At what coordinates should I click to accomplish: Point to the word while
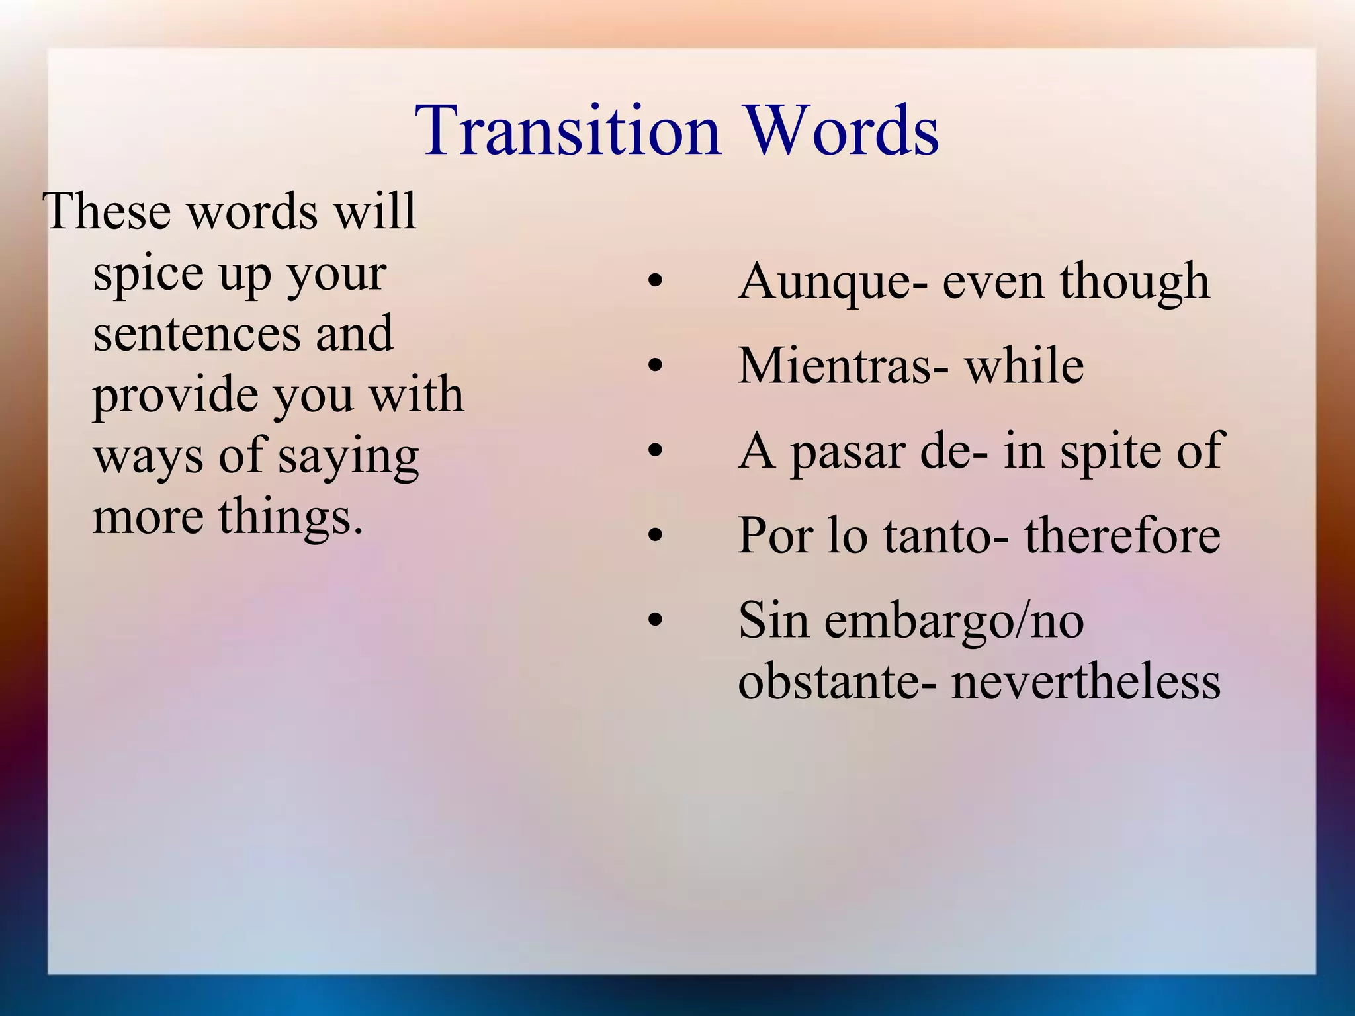point(1024,366)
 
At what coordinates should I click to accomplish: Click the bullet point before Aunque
point(655,282)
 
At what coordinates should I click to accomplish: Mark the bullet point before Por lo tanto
point(655,535)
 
